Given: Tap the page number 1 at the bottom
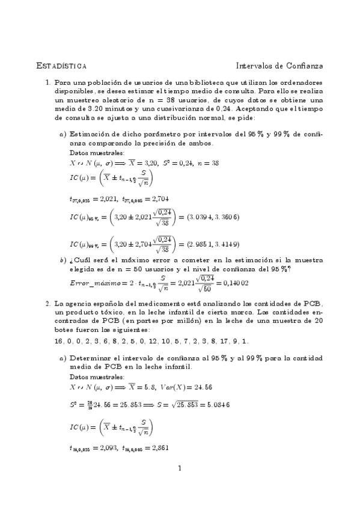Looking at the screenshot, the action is point(180,467).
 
